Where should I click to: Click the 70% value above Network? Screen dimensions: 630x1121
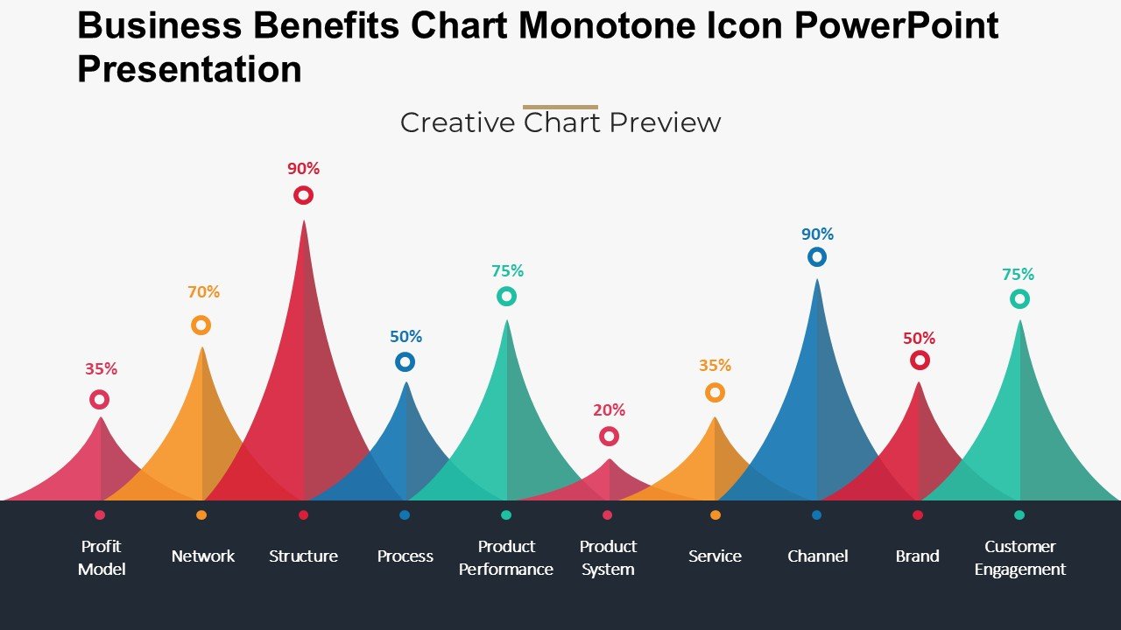pos(203,292)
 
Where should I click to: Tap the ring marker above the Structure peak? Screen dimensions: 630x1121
pos(303,195)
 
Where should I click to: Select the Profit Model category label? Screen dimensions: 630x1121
pos(102,557)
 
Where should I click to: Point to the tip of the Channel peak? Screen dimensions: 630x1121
pos(817,281)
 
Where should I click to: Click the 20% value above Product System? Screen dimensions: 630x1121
pos(609,409)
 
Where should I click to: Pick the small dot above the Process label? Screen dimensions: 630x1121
pos(405,515)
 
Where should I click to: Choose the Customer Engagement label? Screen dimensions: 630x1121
pos(1019,557)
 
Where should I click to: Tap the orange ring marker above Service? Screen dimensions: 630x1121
pos(715,393)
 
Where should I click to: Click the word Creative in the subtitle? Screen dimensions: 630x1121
pos(457,122)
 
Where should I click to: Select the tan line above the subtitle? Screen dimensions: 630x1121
pos(560,108)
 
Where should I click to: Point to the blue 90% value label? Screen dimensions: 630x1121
pos(817,234)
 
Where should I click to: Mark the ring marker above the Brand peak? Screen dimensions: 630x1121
pos(920,360)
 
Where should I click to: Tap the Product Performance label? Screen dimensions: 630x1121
pos(506,557)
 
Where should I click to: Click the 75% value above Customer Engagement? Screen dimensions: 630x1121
pos(1018,275)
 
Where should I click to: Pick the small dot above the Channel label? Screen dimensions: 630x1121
pos(816,515)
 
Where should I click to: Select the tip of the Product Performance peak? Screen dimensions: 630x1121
pos(506,322)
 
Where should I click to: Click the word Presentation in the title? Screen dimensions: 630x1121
pos(189,69)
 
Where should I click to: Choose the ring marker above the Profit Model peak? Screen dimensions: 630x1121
pos(100,400)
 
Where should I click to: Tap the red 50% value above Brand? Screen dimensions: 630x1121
pos(919,339)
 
